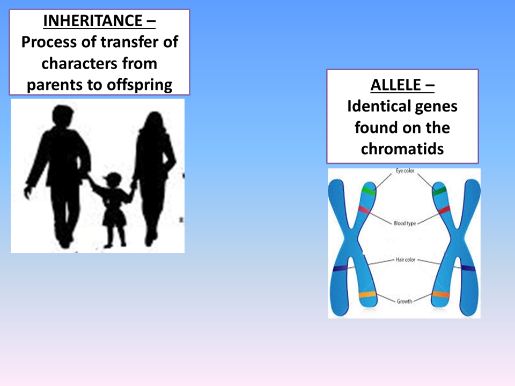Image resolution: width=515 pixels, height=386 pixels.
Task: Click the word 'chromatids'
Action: [x=402, y=149]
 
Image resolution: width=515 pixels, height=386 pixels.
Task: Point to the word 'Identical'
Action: [x=374, y=106]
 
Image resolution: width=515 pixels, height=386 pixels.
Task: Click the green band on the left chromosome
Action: [x=369, y=190]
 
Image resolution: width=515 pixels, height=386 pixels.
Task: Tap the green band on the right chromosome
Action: [x=440, y=190]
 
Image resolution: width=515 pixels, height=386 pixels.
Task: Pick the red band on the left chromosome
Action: [x=364, y=209]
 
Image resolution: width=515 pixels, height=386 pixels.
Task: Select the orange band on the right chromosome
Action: [x=440, y=294]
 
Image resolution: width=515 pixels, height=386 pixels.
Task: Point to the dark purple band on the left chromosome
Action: [x=340, y=268]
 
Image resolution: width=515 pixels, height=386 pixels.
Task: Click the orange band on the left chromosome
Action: [x=367, y=294]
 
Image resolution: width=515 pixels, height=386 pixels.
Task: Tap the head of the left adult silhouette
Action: [x=63, y=116]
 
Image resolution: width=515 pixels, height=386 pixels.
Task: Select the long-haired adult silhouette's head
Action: [x=152, y=122]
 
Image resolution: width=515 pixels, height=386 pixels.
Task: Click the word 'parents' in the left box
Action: [x=53, y=85]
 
